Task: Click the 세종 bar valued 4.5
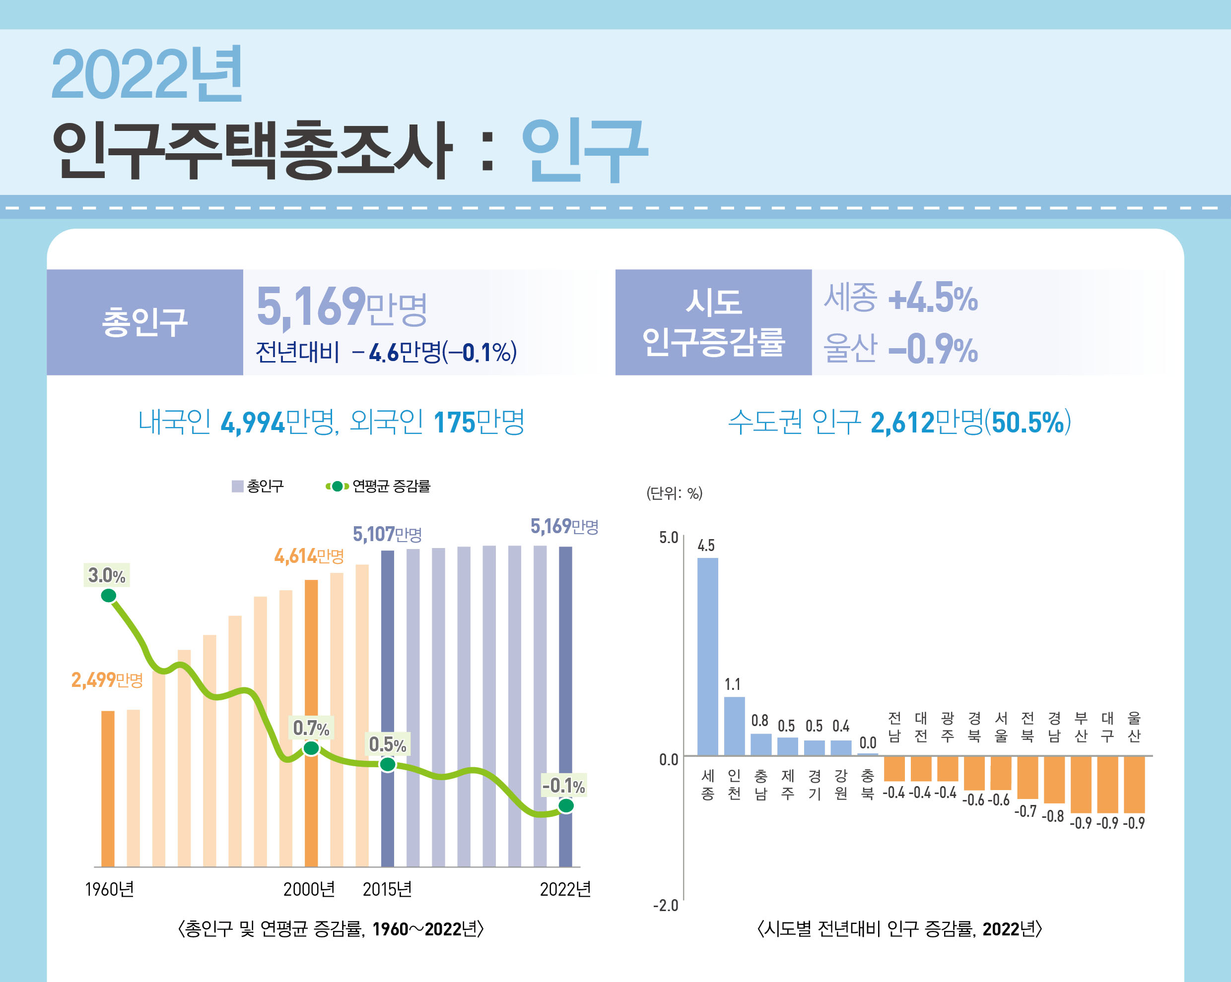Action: tap(707, 656)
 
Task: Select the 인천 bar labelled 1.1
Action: tap(734, 725)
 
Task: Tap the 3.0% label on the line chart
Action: tap(107, 575)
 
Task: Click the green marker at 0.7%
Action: tap(311, 748)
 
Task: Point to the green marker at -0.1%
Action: tap(565, 805)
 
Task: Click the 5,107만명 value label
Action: tap(387, 535)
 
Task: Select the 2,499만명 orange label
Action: tap(107, 679)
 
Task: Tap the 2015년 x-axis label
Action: tap(387, 889)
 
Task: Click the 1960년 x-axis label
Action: tap(109, 889)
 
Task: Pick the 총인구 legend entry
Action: tap(258, 486)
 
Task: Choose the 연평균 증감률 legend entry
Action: tap(379, 486)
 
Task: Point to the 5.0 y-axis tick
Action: tap(668, 538)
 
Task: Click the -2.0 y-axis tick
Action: tap(666, 906)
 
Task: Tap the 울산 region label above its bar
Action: tap(1134, 727)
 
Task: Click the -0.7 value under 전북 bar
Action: tap(1026, 811)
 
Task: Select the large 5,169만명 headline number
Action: tap(342, 307)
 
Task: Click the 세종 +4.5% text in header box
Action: tap(900, 298)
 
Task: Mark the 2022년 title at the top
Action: tap(147, 74)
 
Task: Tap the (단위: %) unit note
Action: tap(674, 493)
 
